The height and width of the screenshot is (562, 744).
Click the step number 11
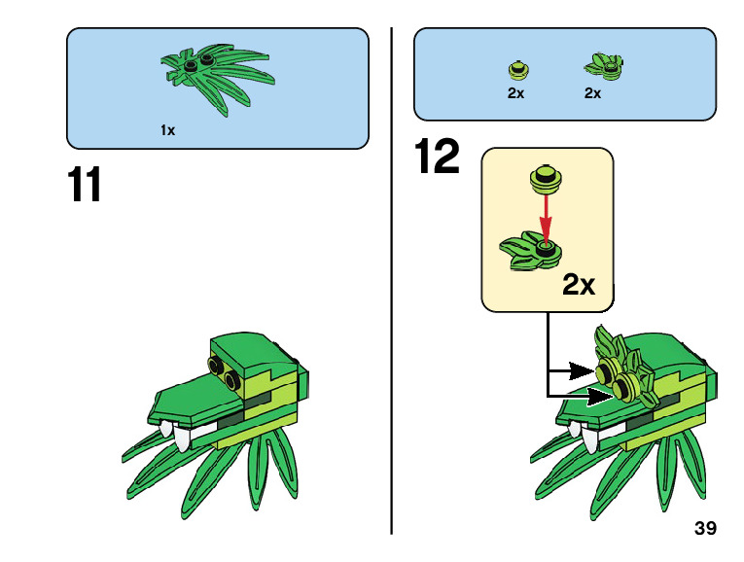(x=86, y=185)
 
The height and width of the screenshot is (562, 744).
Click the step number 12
(x=437, y=158)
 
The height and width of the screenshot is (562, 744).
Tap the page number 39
(x=706, y=529)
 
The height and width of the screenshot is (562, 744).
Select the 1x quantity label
(x=168, y=129)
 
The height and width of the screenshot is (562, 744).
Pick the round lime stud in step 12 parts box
(x=517, y=69)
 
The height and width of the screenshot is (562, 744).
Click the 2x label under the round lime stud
(x=515, y=93)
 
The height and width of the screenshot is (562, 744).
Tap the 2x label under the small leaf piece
(x=592, y=93)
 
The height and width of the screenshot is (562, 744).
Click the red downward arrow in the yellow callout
(x=546, y=215)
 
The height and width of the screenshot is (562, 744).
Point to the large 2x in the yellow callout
(x=579, y=284)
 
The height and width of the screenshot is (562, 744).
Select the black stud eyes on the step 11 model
(x=225, y=371)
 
